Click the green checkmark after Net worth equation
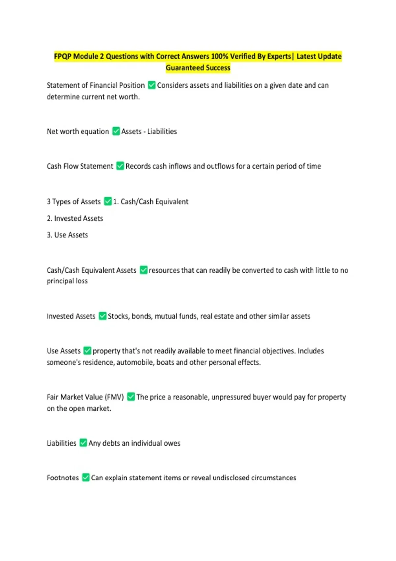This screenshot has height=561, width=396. [x=116, y=131]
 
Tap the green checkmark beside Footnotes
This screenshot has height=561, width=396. [x=86, y=478]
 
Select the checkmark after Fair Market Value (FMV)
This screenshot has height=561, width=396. [x=131, y=397]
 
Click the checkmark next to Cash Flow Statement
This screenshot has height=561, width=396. [x=120, y=166]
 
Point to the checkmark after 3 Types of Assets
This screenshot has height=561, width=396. [x=108, y=201]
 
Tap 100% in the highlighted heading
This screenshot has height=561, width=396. [x=219, y=56]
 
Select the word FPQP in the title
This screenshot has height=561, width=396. [x=63, y=56]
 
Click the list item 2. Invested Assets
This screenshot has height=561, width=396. [x=75, y=218]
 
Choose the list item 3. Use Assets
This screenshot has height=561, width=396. [x=67, y=235]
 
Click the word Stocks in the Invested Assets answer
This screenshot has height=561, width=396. [x=118, y=316]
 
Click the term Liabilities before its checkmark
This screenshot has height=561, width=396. [x=61, y=443]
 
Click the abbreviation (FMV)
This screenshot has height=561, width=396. [x=114, y=397]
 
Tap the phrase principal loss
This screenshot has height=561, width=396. [x=67, y=281]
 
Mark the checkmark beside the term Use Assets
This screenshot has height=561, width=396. [x=87, y=351]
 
